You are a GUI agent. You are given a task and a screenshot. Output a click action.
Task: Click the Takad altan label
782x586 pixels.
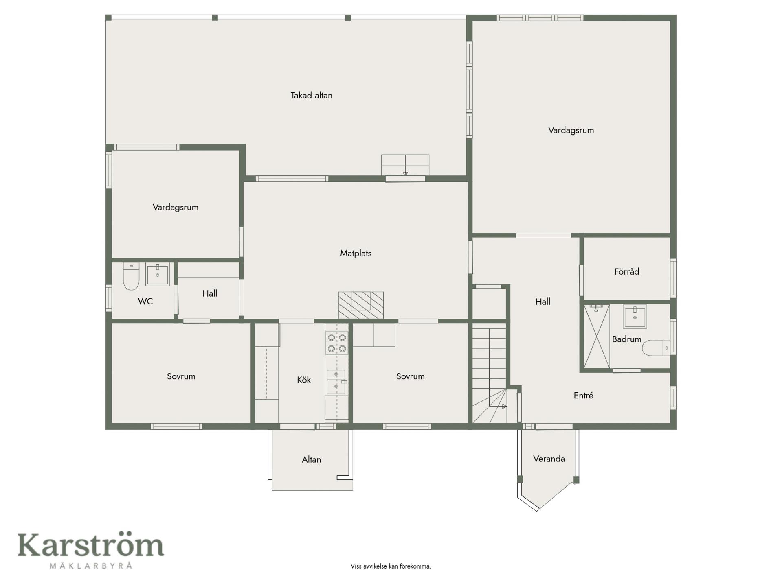(x=311, y=96)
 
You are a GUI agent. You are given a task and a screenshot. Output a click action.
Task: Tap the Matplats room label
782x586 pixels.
(x=356, y=254)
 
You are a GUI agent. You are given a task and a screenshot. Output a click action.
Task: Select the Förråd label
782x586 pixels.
(x=626, y=271)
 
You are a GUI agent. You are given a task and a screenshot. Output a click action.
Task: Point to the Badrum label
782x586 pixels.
(x=626, y=339)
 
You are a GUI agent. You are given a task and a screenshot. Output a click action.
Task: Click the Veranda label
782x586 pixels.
(x=549, y=459)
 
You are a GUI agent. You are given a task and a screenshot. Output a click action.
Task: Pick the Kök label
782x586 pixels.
(x=303, y=380)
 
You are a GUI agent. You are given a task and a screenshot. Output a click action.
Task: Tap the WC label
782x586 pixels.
(x=145, y=302)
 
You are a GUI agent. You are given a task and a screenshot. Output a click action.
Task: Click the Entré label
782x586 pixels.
(x=583, y=396)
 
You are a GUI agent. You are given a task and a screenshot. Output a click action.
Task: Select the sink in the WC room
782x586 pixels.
(x=158, y=275)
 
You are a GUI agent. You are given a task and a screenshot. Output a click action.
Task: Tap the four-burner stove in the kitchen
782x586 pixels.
(x=337, y=343)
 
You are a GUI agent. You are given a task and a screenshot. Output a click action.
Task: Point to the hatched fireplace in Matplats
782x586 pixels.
(x=361, y=305)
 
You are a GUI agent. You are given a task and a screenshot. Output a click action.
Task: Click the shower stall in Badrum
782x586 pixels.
(x=597, y=336)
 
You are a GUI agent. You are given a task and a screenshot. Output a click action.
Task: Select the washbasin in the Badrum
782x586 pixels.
(x=635, y=317)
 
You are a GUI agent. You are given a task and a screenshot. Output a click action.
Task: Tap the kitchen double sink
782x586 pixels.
(x=336, y=382)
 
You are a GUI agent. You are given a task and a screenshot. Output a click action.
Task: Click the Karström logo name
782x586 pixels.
(x=90, y=545)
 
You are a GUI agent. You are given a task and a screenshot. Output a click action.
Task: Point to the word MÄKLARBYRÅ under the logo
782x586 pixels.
(x=91, y=565)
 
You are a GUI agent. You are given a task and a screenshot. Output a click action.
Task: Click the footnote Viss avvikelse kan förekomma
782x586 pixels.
(x=391, y=566)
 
